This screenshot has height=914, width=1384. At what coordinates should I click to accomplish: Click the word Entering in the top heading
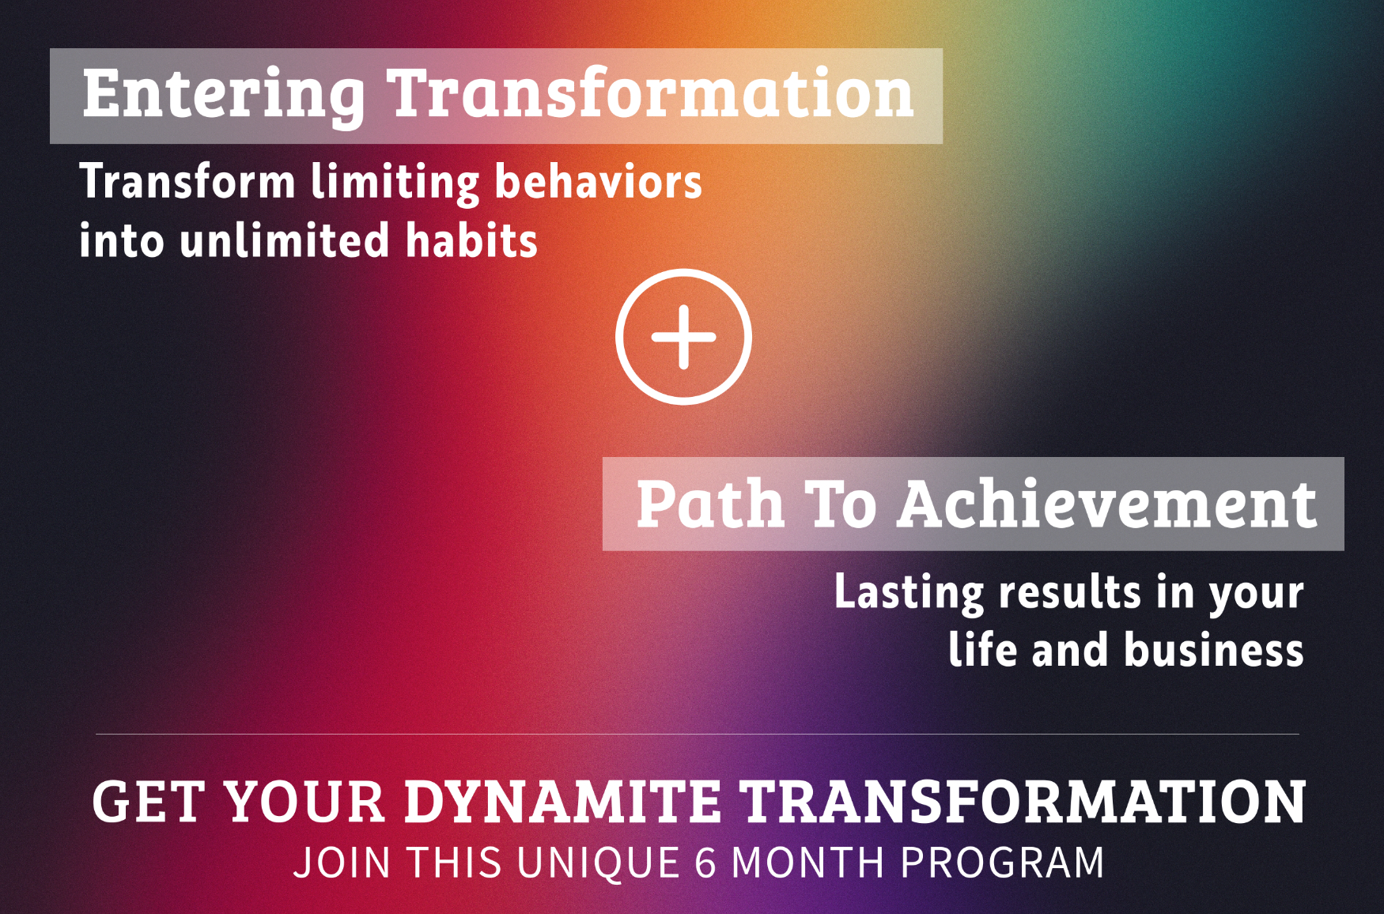pos(224,96)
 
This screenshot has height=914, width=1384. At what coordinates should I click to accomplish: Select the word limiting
pos(395,183)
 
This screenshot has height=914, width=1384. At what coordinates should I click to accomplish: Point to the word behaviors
pos(599,180)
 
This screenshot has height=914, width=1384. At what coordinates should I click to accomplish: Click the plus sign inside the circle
pos(683,337)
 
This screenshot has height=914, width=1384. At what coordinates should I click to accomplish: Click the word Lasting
pos(909,593)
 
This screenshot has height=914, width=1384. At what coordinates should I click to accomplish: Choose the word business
pos(1214,650)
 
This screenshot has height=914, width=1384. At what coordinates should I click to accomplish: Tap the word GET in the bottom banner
pos(149,802)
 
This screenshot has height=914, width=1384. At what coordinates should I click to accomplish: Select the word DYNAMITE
pos(562,802)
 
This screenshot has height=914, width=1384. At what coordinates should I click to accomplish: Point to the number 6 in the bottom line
pos(705,863)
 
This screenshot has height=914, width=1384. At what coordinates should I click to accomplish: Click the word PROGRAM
pos(1002,863)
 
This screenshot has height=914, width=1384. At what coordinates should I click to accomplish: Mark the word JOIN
pos(342,863)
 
